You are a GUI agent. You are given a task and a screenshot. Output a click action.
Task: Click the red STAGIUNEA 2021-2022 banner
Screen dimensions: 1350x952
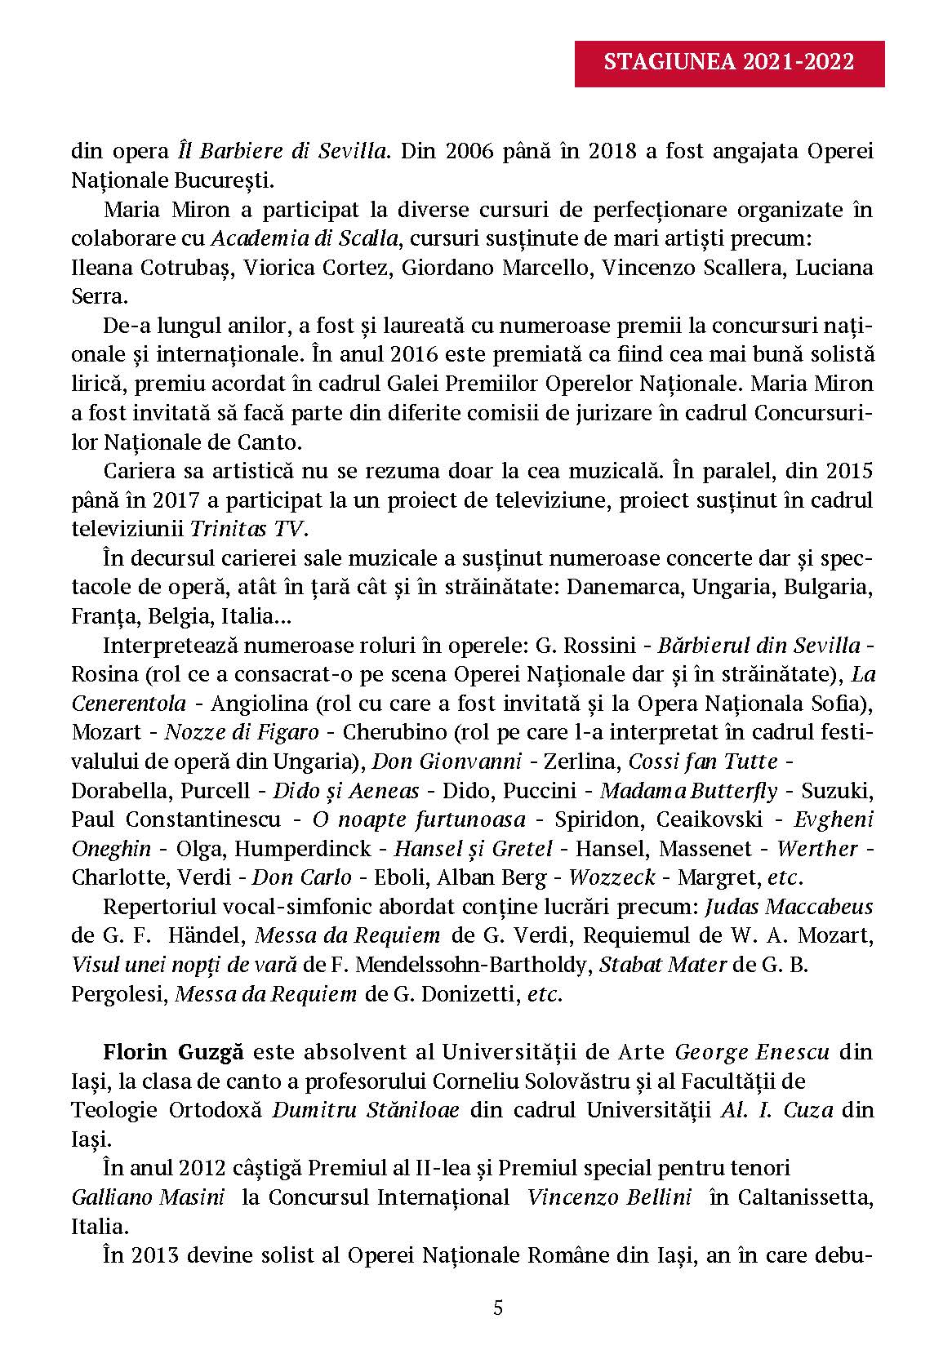pyautogui.click(x=729, y=62)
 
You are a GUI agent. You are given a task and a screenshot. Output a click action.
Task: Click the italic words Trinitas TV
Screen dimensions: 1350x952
pyautogui.click(x=248, y=529)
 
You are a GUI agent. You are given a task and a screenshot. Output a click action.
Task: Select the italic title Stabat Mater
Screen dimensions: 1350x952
pyautogui.click(x=663, y=965)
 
